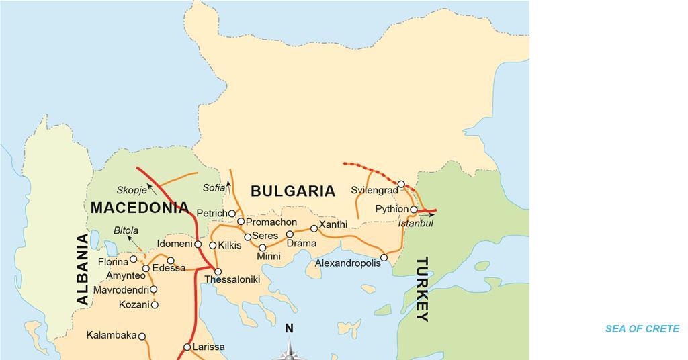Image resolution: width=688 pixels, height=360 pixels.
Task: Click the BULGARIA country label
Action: (x=292, y=191)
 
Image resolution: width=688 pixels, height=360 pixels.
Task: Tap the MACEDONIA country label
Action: (x=140, y=208)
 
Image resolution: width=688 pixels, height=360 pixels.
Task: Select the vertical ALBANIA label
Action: (x=83, y=269)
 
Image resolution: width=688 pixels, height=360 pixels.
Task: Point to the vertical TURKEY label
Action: (x=423, y=289)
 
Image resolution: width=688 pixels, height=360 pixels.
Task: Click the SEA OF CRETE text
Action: (x=642, y=329)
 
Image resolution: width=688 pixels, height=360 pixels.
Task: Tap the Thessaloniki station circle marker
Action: (x=218, y=272)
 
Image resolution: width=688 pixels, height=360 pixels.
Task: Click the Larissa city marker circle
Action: (x=187, y=347)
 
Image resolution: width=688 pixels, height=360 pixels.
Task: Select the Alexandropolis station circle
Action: (x=384, y=257)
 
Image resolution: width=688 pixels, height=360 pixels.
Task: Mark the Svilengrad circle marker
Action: (x=401, y=184)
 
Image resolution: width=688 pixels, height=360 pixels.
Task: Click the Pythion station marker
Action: (x=414, y=210)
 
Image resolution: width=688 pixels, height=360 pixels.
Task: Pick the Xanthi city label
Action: (x=333, y=224)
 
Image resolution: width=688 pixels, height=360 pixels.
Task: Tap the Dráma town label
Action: (x=300, y=242)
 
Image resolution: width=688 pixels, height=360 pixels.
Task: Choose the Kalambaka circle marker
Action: (x=142, y=336)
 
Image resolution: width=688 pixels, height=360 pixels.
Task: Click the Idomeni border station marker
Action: (x=198, y=244)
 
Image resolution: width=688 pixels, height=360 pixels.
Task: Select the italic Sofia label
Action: (x=214, y=188)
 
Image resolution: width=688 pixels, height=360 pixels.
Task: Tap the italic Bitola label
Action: (x=126, y=230)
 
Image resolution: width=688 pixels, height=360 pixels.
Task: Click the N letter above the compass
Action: (x=289, y=328)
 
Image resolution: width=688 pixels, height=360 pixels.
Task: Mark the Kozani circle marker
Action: (x=155, y=305)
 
